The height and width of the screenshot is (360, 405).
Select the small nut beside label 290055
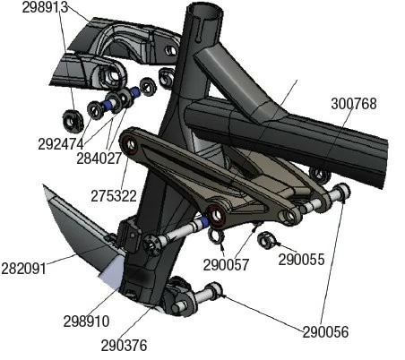[x=265, y=239]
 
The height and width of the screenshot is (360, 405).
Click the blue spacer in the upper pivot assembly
[x=136, y=92]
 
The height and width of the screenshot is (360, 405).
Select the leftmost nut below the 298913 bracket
[x=71, y=118]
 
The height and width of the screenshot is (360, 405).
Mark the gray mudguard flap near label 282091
[x=76, y=233]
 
